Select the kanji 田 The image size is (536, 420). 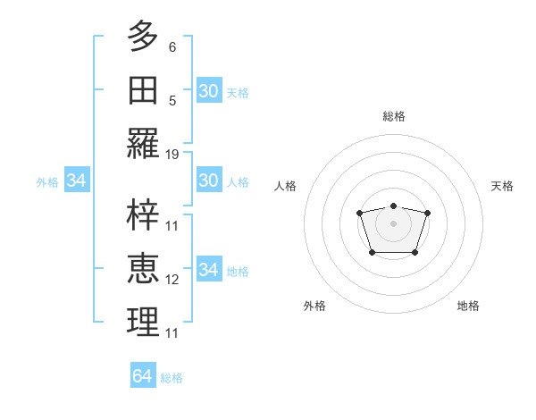point(143,90)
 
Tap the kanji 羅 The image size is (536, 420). point(143,144)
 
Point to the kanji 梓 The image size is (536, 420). point(143,215)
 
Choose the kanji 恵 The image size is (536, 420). point(143,269)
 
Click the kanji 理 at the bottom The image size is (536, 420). point(143,323)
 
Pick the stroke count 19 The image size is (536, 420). point(172,155)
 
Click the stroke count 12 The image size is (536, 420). point(172,280)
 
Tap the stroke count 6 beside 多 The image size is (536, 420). point(172,46)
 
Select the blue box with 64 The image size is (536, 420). point(143,376)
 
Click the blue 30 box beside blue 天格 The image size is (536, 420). point(208,91)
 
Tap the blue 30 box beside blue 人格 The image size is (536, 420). point(208,181)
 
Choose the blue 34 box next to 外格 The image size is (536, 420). point(77,181)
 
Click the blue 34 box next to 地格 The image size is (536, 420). point(208,270)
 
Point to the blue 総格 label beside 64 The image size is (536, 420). point(172,378)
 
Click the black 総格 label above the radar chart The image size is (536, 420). point(394,116)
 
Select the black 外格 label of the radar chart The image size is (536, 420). point(314,306)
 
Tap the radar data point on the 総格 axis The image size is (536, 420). point(394,206)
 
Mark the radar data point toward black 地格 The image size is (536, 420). point(415,253)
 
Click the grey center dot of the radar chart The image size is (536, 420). point(394,223)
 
